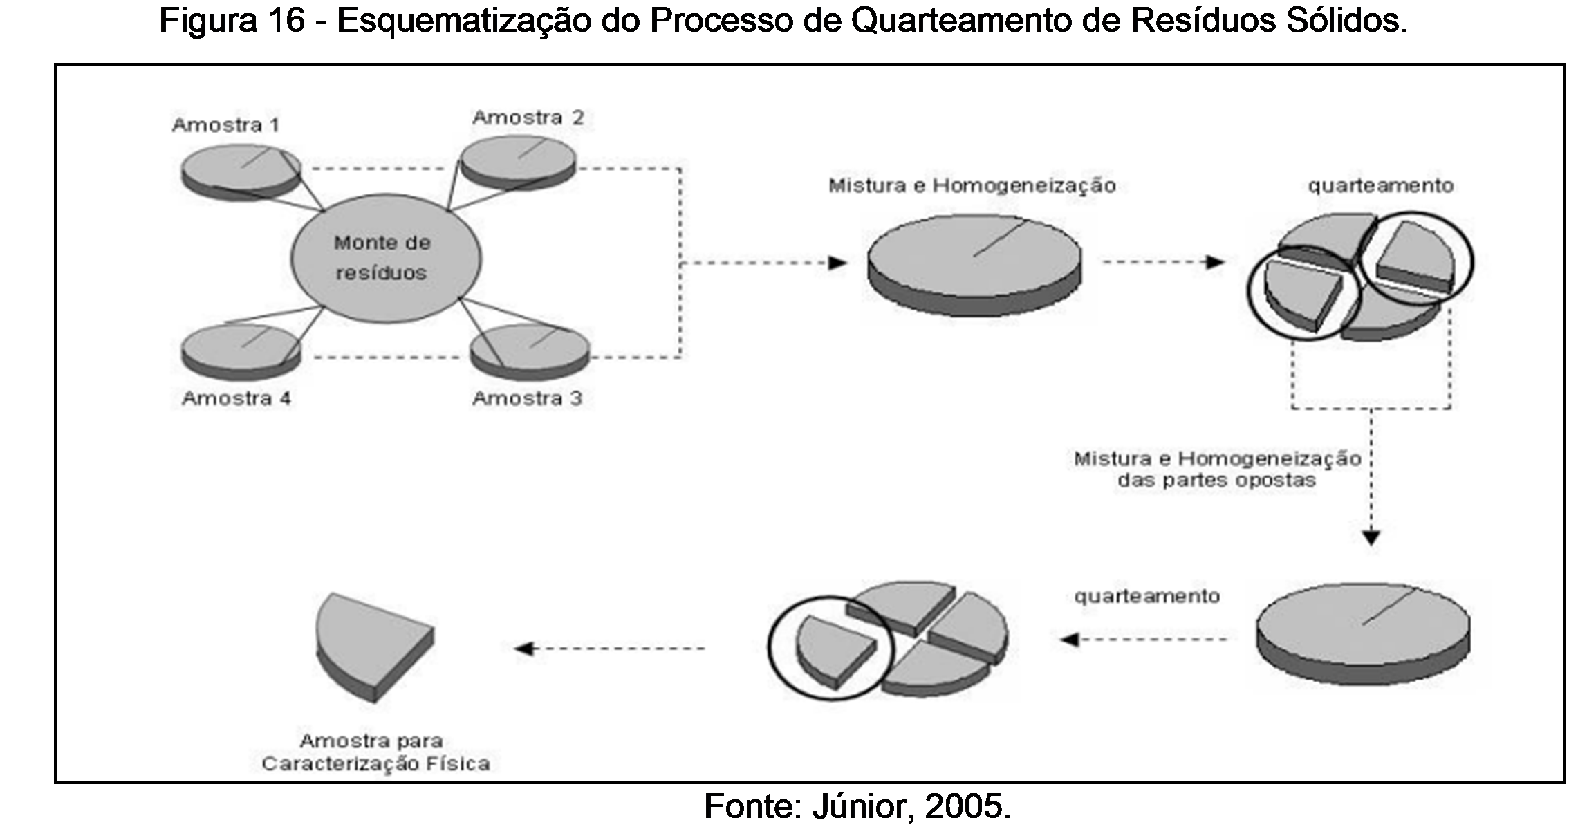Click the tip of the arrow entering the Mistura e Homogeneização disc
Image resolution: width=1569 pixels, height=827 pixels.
(x=847, y=263)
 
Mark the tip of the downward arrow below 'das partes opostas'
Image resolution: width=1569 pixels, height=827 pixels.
(x=1371, y=546)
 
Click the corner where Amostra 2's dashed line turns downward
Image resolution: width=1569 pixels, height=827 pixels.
(x=680, y=169)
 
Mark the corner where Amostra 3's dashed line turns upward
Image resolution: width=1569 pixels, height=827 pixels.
(x=680, y=357)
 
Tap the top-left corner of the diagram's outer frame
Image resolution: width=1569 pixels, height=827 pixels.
(x=56, y=65)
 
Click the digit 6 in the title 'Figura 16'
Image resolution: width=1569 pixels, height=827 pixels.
(x=295, y=21)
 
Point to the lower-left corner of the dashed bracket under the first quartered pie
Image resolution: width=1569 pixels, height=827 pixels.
(x=1292, y=408)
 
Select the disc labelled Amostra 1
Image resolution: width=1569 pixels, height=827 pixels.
(x=241, y=171)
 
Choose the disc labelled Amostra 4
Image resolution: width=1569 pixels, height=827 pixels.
(x=241, y=350)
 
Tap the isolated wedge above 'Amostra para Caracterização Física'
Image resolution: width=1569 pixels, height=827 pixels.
(x=374, y=647)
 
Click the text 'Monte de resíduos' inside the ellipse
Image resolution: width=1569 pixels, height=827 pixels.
(x=382, y=257)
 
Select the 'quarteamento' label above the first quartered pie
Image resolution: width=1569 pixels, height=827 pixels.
(x=1380, y=185)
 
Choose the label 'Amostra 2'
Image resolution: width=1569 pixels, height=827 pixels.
(x=528, y=118)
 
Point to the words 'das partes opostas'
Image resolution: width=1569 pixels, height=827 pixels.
(x=1216, y=481)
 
